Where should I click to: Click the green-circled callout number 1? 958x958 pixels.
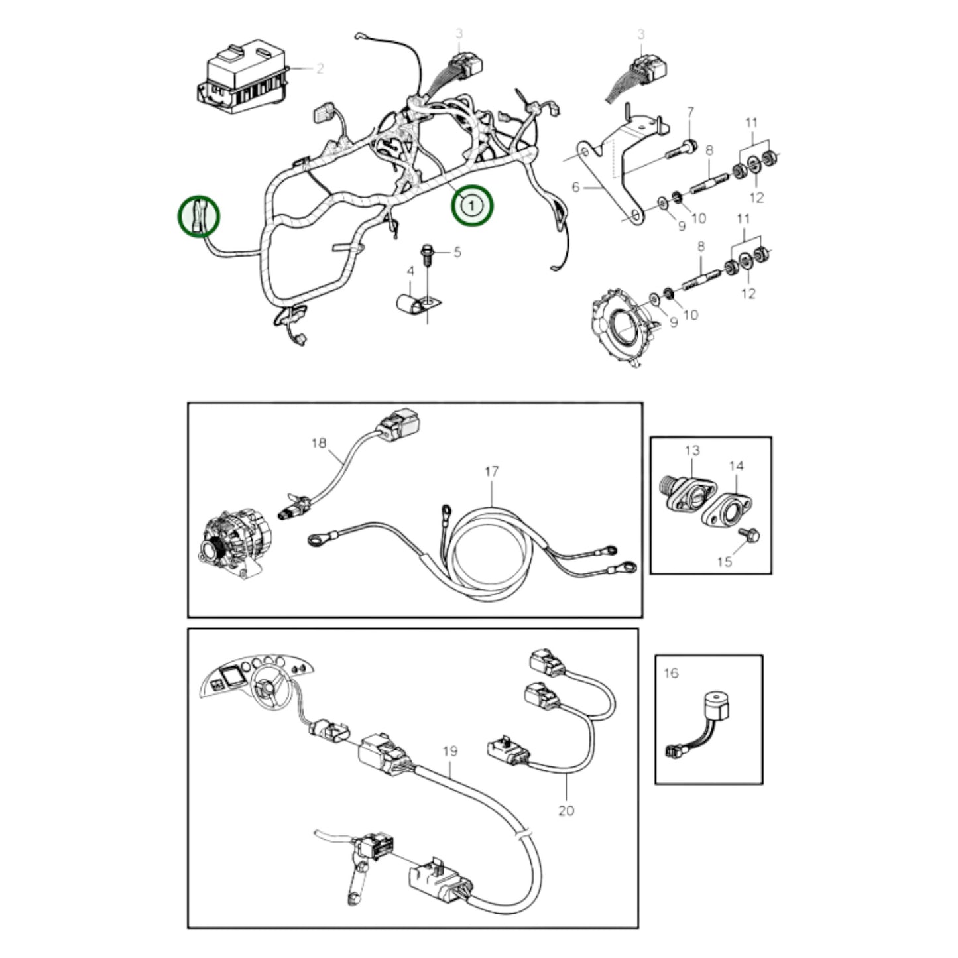pos(471,206)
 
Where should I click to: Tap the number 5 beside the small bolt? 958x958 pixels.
pos(457,252)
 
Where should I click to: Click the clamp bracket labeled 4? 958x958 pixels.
pos(414,304)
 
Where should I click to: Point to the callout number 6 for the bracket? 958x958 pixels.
pos(575,188)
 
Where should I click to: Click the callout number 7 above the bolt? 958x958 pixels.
pos(690,111)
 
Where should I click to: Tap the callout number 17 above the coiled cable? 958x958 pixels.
pos(491,472)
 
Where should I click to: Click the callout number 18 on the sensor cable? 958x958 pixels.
pos(319,442)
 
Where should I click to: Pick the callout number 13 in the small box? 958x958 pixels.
pos(691,451)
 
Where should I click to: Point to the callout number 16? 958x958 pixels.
pos(671,673)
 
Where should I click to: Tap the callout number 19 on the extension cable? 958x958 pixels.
pos(449,751)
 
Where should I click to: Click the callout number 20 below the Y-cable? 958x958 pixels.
pos(566,810)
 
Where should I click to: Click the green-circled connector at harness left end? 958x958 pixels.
pos(198,215)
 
